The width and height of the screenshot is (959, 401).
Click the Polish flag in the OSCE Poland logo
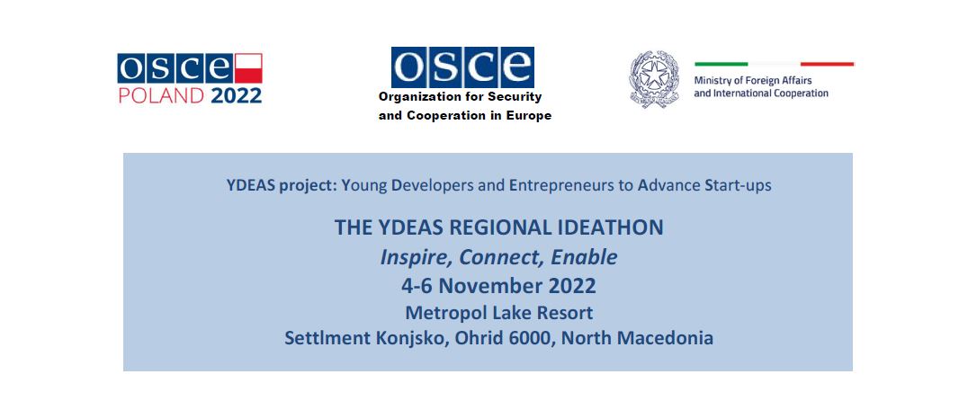click(248, 68)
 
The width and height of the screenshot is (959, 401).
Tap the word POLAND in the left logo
click(161, 96)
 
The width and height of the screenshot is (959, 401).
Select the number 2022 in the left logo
click(237, 96)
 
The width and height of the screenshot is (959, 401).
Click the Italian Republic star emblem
click(654, 79)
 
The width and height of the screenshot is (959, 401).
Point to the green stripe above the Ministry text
click(721, 64)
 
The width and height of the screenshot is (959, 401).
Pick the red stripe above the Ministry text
click(827, 64)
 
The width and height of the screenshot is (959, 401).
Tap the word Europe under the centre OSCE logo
click(530, 115)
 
